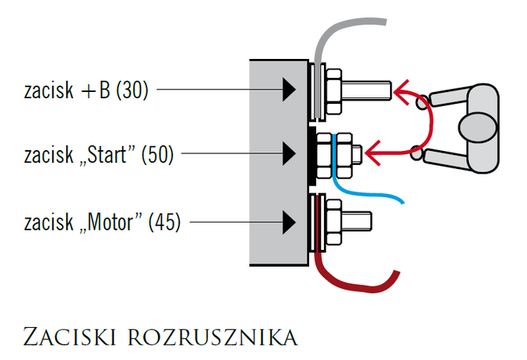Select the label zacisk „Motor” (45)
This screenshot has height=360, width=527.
[x=101, y=222]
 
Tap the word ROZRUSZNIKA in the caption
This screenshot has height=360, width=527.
[x=212, y=337]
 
